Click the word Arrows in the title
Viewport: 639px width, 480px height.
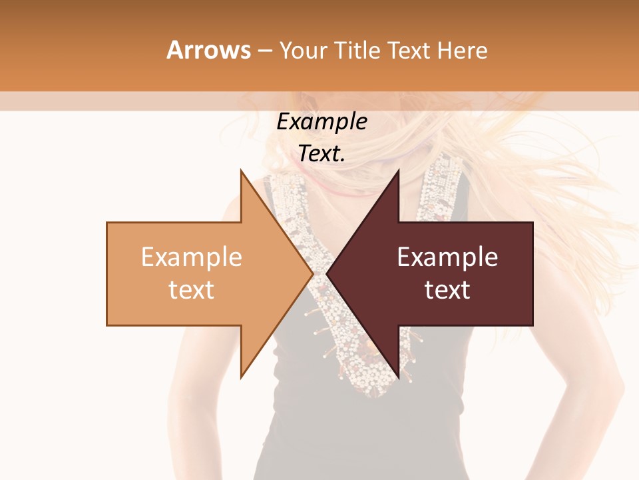pyautogui.click(x=209, y=50)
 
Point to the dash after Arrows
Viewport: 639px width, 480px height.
pyautogui.click(x=265, y=51)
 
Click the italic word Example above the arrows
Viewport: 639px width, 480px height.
pyautogui.click(x=321, y=122)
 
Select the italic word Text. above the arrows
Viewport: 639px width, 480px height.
pyautogui.click(x=321, y=154)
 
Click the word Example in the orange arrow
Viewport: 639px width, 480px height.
pyautogui.click(x=192, y=257)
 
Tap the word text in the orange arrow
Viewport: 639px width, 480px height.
pyautogui.click(x=192, y=290)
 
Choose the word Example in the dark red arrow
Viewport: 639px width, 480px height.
pyautogui.click(x=447, y=257)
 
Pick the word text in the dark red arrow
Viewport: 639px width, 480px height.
pyautogui.click(x=447, y=290)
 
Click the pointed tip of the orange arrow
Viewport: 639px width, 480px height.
pyautogui.click(x=312, y=273)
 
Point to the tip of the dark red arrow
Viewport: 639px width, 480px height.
pyautogui.click(x=327, y=273)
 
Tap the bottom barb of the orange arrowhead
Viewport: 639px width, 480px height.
pyautogui.click(x=243, y=375)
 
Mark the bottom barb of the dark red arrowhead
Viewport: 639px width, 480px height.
pyautogui.click(x=397, y=375)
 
